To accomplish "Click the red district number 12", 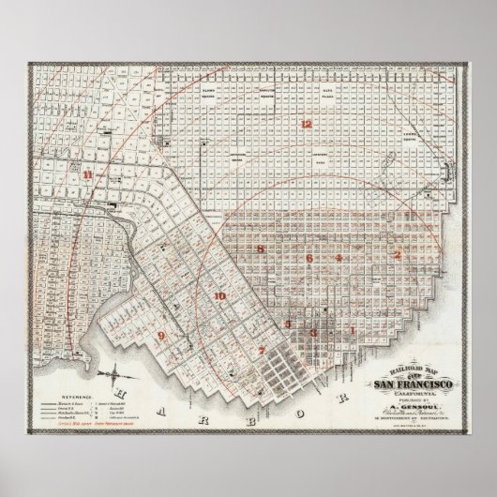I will click(x=305, y=125).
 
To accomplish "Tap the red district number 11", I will click(x=87, y=174).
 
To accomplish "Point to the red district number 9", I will click(x=161, y=335).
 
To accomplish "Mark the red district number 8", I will click(x=261, y=248).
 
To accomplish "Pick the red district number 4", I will click(x=339, y=257).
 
